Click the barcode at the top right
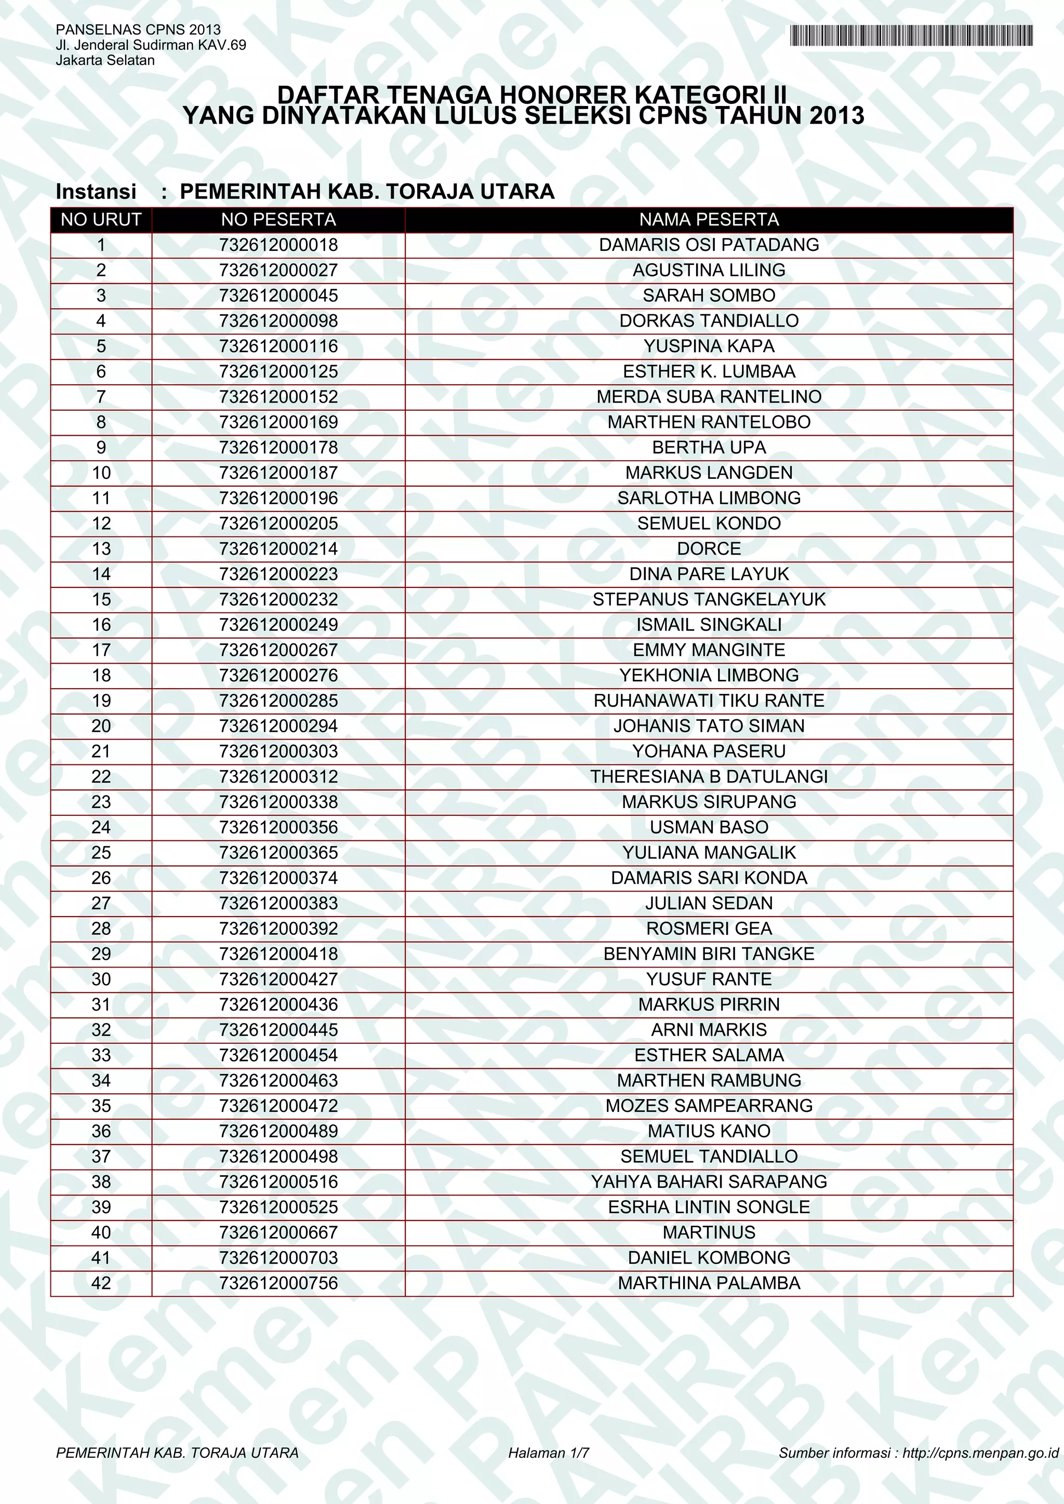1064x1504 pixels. pos(911,35)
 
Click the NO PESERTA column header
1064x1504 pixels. pos(278,220)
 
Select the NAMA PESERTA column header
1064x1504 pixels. pos(709,220)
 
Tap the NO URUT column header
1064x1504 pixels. pos(101,220)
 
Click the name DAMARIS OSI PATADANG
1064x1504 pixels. pos(709,245)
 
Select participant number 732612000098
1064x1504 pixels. pos(278,321)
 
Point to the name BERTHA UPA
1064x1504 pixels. pos(709,447)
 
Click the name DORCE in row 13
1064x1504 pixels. pos(709,549)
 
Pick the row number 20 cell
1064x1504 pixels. pos(101,726)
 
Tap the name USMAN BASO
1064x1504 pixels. pos(709,827)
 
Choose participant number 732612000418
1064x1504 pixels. pos(278,954)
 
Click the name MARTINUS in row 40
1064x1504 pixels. pos(709,1232)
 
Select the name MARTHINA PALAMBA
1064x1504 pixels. pos(709,1283)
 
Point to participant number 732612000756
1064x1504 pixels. pos(278,1283)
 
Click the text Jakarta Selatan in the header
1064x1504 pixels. pos(105,60)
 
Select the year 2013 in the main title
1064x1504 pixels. pos(836,116)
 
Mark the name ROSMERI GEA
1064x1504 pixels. pos(709,928)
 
